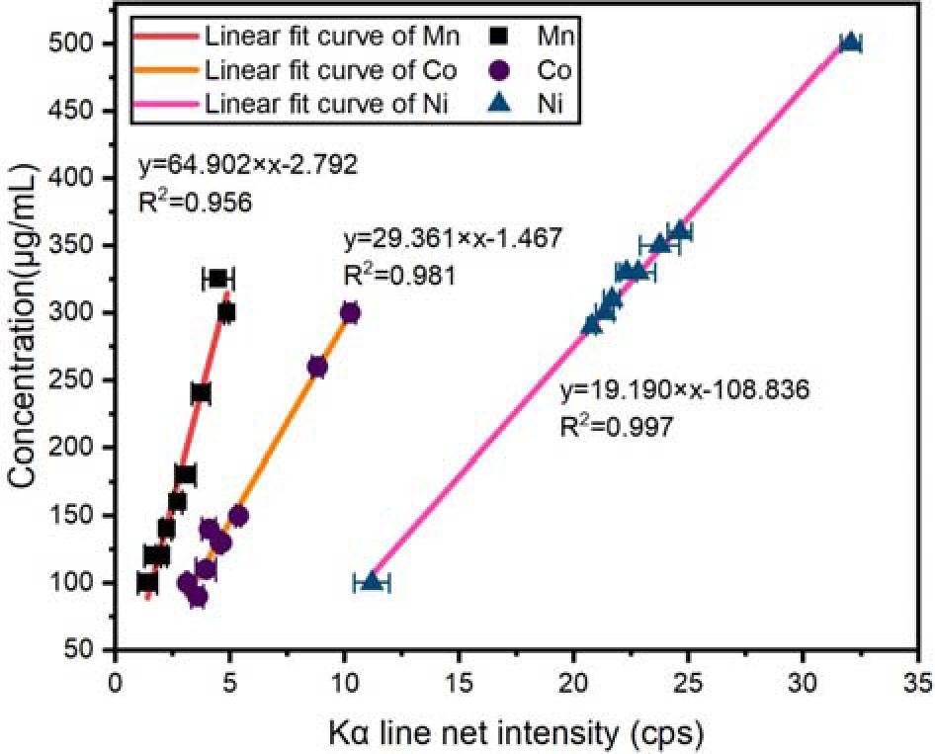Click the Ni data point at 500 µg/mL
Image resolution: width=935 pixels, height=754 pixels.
pos(850,42)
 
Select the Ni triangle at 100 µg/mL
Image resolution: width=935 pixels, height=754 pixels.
pos(372,581)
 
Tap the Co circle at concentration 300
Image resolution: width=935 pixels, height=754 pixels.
pos(350,312)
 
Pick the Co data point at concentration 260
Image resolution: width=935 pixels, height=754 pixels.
pos(317,367)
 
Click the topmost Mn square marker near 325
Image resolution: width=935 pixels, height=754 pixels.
pos(218,279)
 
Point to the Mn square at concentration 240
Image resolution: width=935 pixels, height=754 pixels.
pos(201,393)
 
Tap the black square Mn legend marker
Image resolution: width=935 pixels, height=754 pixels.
pos(501,37)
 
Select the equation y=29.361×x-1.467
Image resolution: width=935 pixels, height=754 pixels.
pos(453,238)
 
